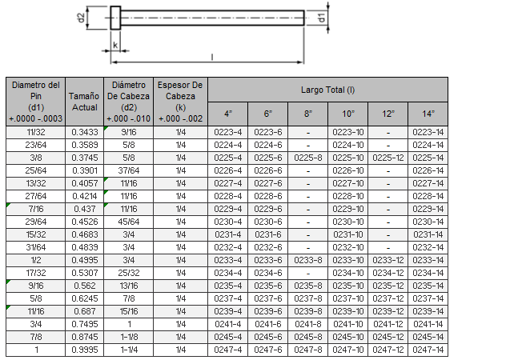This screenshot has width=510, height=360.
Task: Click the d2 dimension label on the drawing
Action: [82, 18]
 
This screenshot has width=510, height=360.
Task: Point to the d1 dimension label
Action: [322, 18]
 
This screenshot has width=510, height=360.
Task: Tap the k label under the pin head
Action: [115, 45]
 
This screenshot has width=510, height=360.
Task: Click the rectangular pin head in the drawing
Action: [115, 18]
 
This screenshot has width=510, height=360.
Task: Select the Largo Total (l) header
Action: [328, 90]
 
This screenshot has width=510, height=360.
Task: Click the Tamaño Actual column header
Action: [84, 102]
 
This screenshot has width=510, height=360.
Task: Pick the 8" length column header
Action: [308, 114]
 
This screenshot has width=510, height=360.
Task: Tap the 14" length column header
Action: [428, 114]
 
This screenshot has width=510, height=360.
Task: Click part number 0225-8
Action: [308, 158]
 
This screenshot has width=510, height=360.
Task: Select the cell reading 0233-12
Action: [388, 260]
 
